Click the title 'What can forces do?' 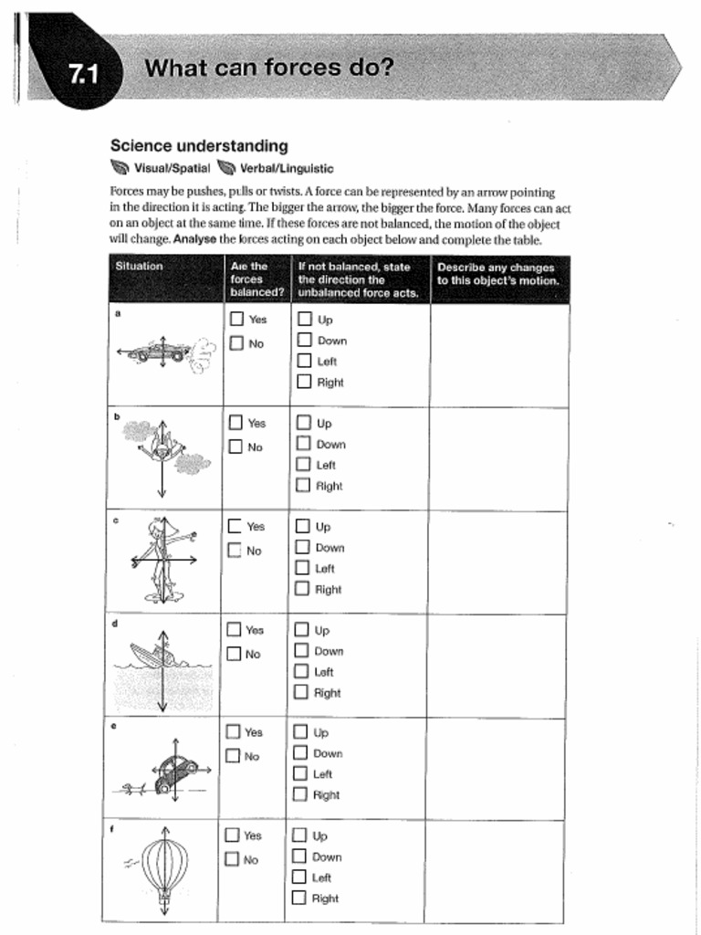click(269, 68)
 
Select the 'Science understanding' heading click(199, 146)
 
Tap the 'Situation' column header click(139, 267)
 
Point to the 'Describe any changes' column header click(497, 274)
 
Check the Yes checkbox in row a click(236, 320)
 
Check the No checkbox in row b click(236, 446)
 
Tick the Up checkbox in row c click(303, 526)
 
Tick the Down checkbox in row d click(302, 651)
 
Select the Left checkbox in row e click(300, 773)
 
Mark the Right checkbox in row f click(299, 898)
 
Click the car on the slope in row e click(176, 772)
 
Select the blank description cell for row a click(499, 355)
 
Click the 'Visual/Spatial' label click(172, 168)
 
